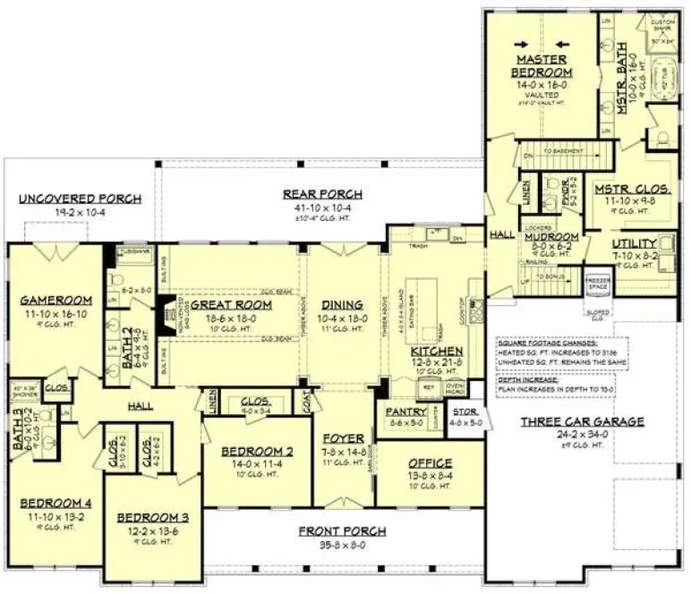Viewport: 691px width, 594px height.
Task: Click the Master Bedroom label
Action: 542,65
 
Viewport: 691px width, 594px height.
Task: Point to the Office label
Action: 430,462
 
